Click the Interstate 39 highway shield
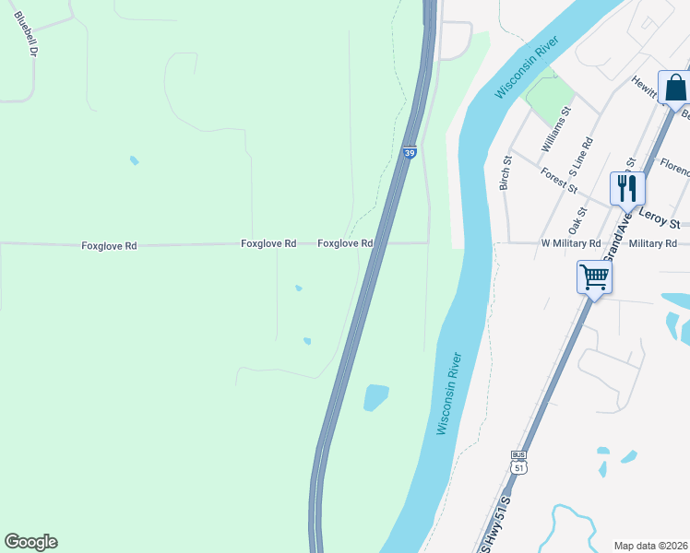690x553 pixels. pos(408,152)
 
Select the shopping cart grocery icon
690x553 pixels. pos(594,276)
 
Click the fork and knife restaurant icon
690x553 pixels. pos(626,188)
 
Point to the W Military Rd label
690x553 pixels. pos(570,243)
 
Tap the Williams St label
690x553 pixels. pos(556,129)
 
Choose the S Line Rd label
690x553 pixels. pos(580,158)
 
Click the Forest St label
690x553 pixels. pos(559,181)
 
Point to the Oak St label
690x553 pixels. pos(577,220)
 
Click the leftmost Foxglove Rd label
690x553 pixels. pos(109,246)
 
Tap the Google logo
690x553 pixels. pos(30,542)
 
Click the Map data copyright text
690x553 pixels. pos(650,546)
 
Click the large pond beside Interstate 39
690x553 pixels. pos(376,397)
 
